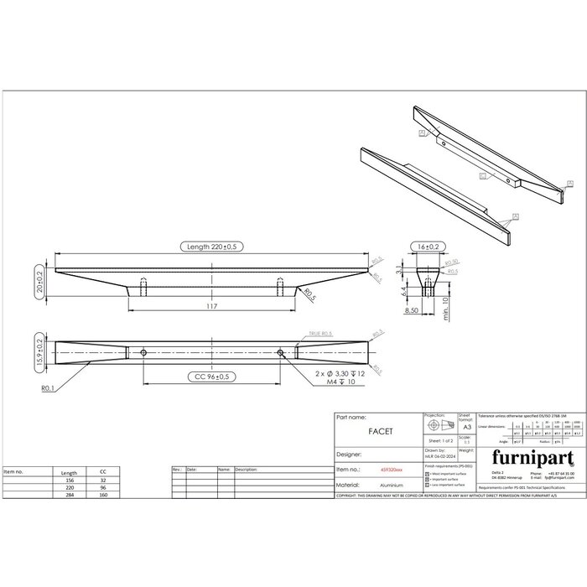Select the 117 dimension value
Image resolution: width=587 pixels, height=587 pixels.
[213, 308]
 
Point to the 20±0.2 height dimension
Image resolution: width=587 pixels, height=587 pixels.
[39, 278]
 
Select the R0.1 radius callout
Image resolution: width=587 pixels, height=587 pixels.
[49, 388]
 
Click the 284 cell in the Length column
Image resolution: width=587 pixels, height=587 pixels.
[70, 496]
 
